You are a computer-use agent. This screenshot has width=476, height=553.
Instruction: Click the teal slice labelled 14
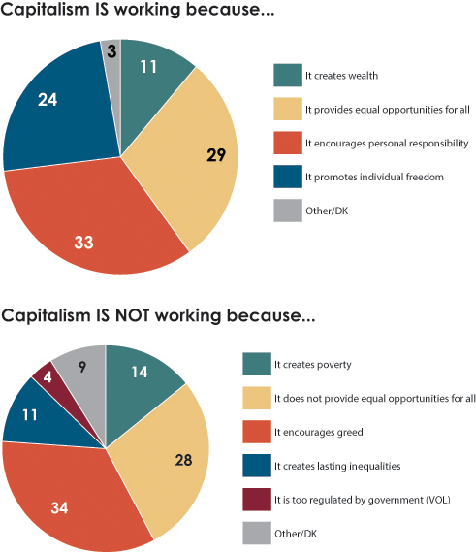click(142, 374)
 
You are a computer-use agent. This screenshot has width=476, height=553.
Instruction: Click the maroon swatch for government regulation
click(256, 499)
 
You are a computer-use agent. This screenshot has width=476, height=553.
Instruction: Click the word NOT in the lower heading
click(125, 316)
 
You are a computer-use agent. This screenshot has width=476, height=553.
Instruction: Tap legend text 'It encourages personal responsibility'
click(387, 143)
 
